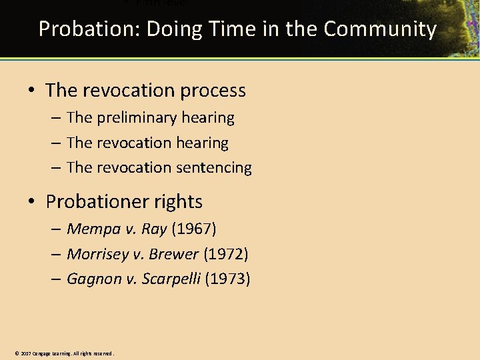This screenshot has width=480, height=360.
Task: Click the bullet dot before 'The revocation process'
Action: tap(33, 91)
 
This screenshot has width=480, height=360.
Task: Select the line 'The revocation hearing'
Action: tap(147, 143)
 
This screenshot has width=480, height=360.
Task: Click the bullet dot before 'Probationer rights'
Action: tap(33, 202)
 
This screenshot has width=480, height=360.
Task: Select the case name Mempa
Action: tap(94, 229)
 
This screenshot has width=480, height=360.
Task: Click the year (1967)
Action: tap(194, 229)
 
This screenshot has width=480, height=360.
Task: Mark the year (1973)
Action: tap(227, 279)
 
